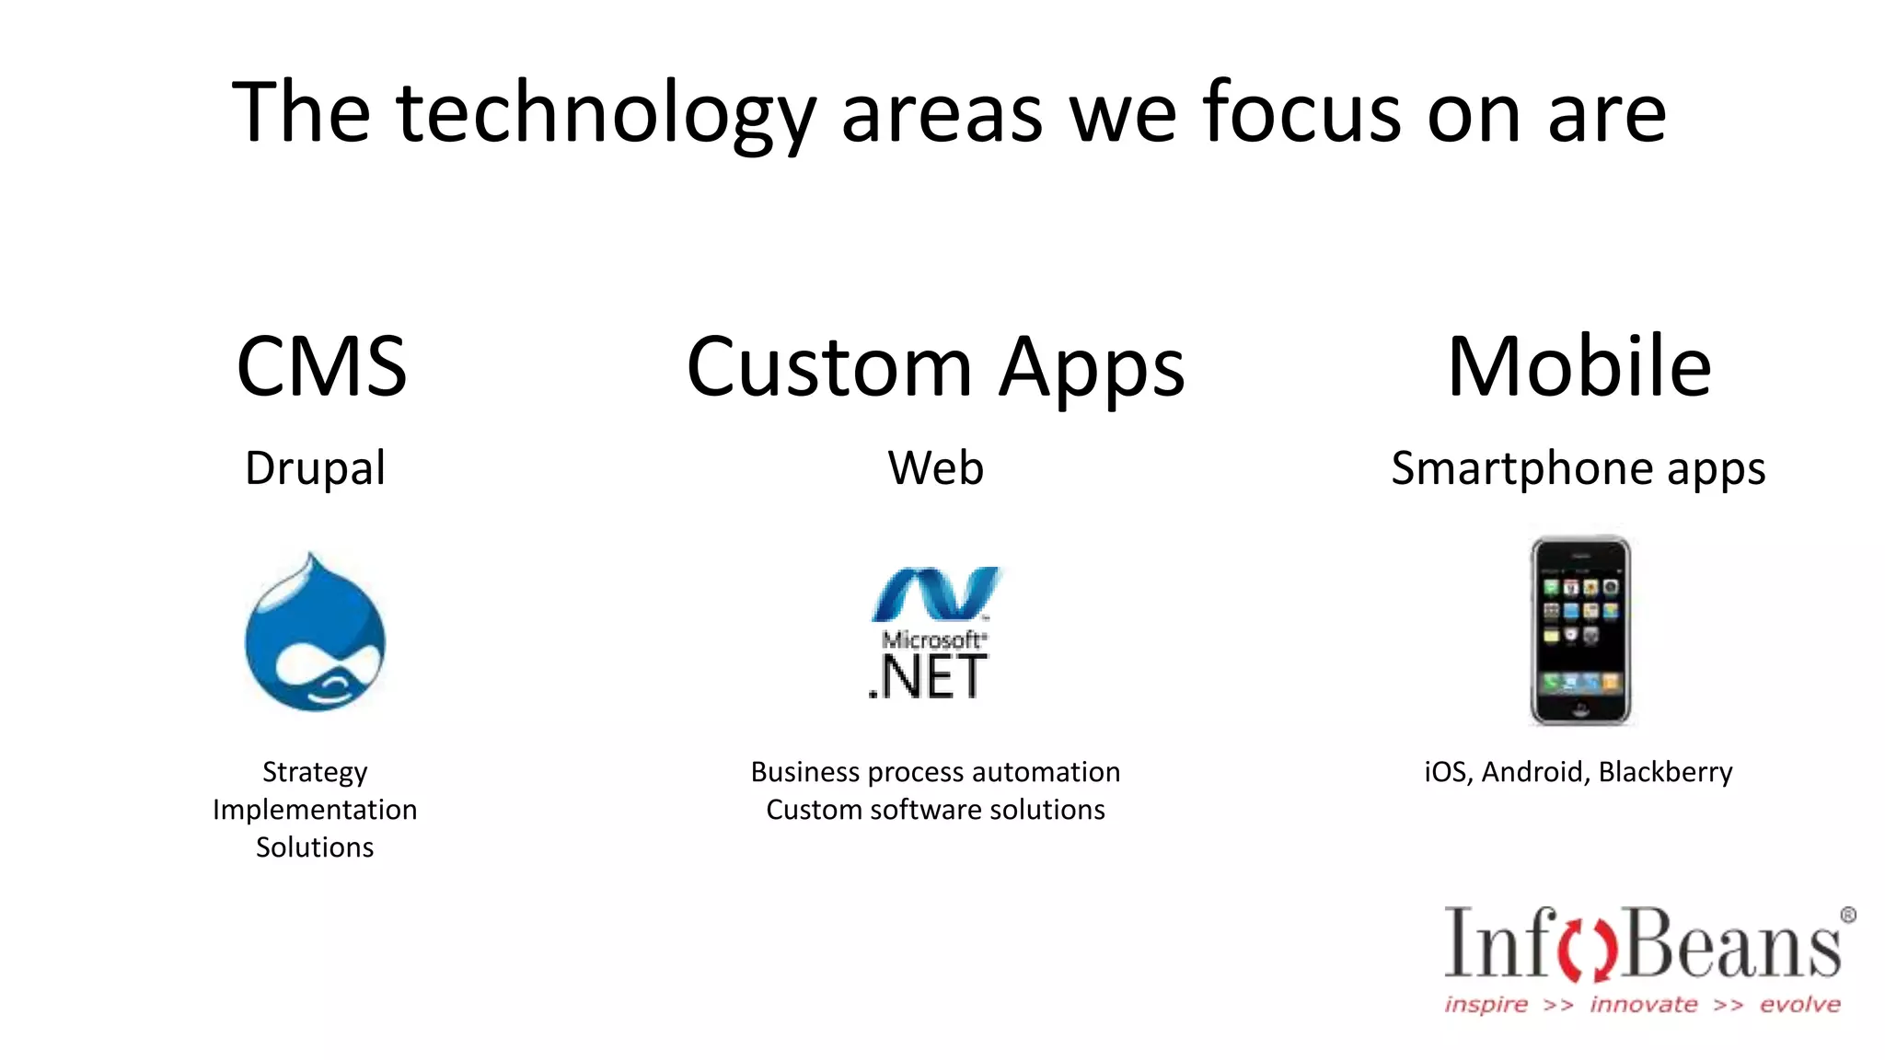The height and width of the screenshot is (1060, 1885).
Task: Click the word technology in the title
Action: (x=606, y=114)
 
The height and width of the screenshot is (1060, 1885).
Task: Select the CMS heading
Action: (x=321, y=366)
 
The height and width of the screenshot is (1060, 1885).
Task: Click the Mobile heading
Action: (x=1579, y=366)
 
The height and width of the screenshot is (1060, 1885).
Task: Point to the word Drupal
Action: (x=315, y=468)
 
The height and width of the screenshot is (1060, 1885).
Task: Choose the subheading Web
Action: (x=935, y=467)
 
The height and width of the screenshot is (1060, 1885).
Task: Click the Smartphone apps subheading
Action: (x=1578, y=468)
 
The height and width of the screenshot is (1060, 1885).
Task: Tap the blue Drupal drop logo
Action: (x=315, y=635)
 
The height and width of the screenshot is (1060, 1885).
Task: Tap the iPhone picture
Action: (x=1579, y=630)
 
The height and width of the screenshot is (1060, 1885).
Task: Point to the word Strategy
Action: (x=315, y=772)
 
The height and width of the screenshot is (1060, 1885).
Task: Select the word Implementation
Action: (x=315, y=810)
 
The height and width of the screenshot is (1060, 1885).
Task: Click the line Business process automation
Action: (x=935, y=772)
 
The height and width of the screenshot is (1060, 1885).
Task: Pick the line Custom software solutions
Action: (x=935, y=810)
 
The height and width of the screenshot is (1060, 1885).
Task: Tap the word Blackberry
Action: (x=1665, y=772)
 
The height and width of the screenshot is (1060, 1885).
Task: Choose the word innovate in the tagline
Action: (x=1644, y=1004)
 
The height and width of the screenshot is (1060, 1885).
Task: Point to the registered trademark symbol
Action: (x=1847, y=915)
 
